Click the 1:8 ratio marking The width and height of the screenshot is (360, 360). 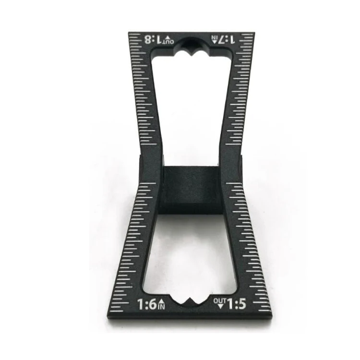point(153,39)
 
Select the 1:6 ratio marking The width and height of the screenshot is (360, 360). point(147,304)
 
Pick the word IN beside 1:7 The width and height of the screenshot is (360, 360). point(214,37)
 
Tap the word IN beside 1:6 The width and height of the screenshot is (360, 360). point(162,307)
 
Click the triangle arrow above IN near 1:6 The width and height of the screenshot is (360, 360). point(162,302)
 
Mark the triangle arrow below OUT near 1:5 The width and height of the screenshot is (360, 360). point(221,306)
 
